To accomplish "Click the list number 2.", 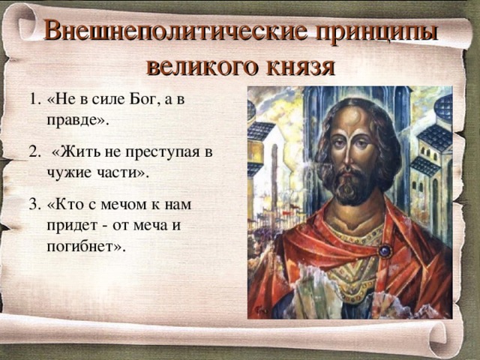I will [x=34, y=152].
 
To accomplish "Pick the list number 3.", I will [x=34, y=205].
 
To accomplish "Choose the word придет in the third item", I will [x=71, y=224].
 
